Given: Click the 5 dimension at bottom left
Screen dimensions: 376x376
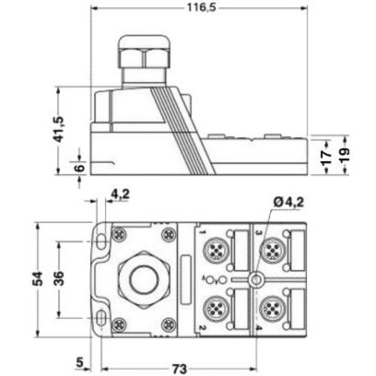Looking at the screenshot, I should pos(82,361).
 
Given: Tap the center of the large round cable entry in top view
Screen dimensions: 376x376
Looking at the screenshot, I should pos(140,277).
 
